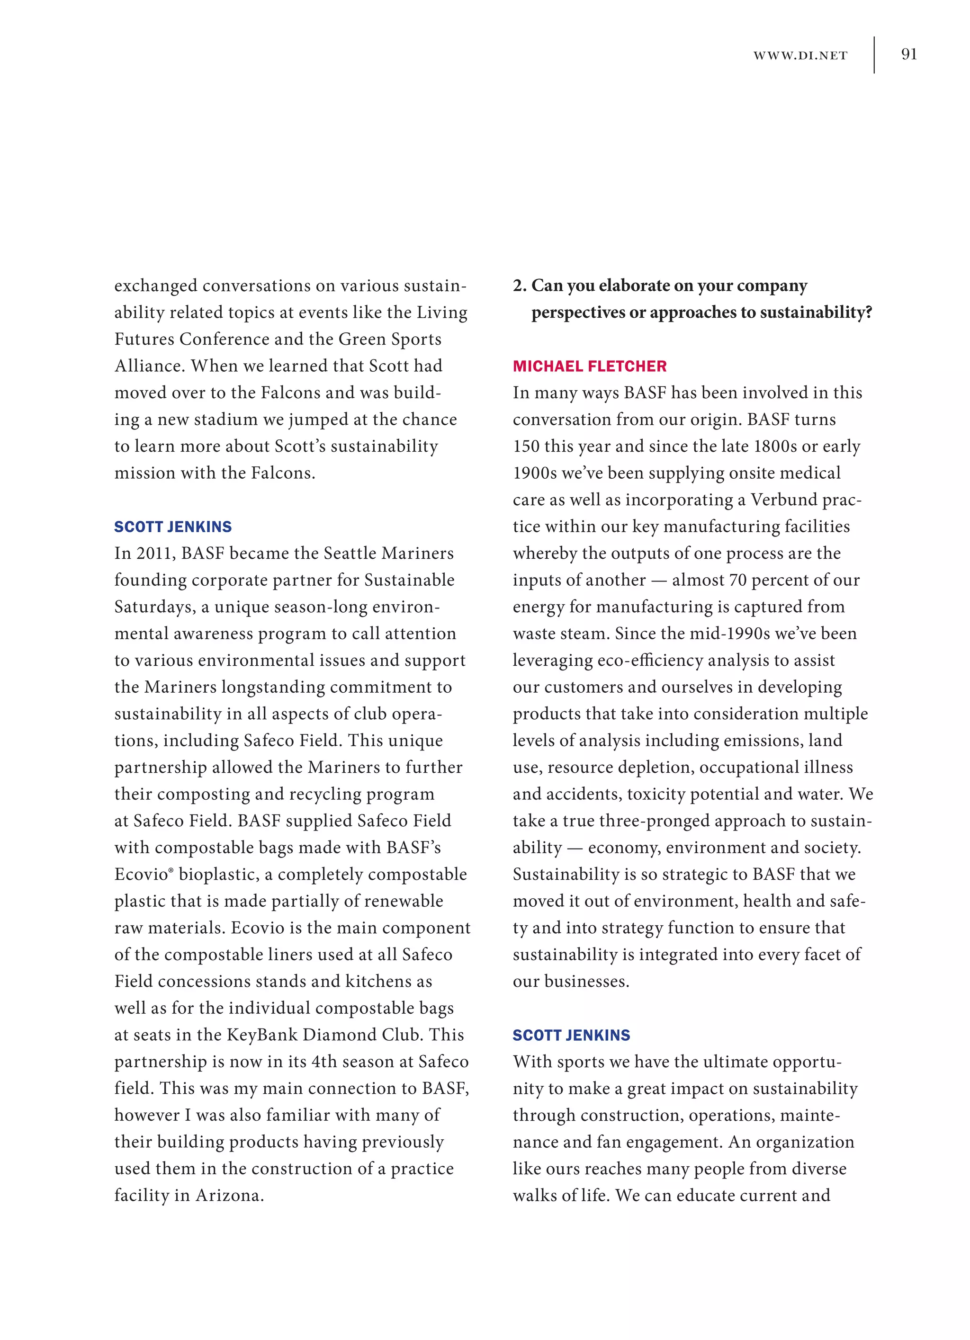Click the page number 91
[x=908, y=54]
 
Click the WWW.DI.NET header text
[x=800, y=55]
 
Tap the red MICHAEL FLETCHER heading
[x=589, y=366]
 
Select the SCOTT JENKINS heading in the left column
[x=172, y=527]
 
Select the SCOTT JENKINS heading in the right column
[x=571, y=1035]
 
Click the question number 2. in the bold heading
[x=520, y=286]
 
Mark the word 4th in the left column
[x=324, y=1062]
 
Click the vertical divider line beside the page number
[x=874, y=55]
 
